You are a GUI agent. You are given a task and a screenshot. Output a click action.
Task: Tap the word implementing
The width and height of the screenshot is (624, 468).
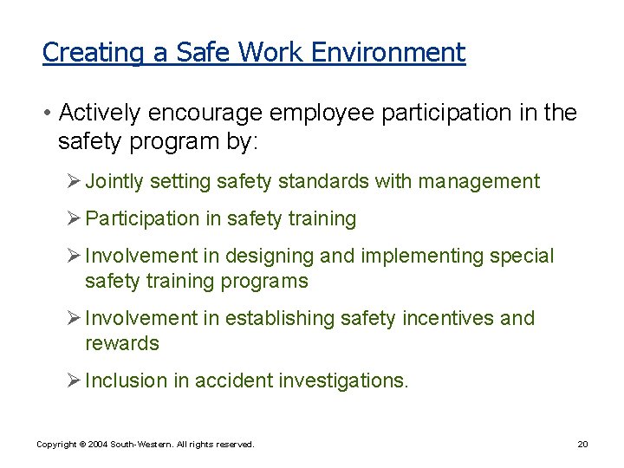click(419, 257)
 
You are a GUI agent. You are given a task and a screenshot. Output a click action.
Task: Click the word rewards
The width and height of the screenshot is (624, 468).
click(122, 343)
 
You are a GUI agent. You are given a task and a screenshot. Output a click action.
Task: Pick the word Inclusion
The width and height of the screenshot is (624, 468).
click(122, 380)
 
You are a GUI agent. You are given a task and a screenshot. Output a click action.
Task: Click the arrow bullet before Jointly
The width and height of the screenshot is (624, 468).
click(74, 182)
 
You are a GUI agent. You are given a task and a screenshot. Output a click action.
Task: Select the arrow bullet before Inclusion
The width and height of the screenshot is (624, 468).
click(74, 380)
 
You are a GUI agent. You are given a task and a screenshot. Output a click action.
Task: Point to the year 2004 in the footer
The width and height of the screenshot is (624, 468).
click(98, 445)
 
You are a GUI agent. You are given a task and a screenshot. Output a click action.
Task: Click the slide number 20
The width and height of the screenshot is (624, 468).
click(582, 445)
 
